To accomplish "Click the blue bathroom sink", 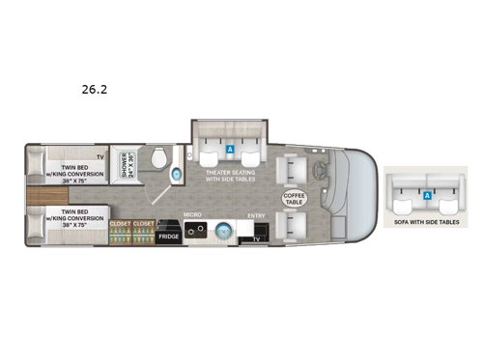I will tap(176, 174).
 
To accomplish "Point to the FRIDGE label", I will tap(169, 235).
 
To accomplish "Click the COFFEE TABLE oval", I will tap(295, 198).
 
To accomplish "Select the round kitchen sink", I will tap(224, 233).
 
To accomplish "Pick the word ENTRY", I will tap(256, 216).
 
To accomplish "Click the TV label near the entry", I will tap(257, 237).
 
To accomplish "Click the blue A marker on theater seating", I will tap(230, 151).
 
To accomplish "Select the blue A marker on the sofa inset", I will tap(426, 195).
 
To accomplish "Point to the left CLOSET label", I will tap(121, 224).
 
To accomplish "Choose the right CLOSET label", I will tap(143, 224).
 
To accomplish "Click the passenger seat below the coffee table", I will tap(292, 228).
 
